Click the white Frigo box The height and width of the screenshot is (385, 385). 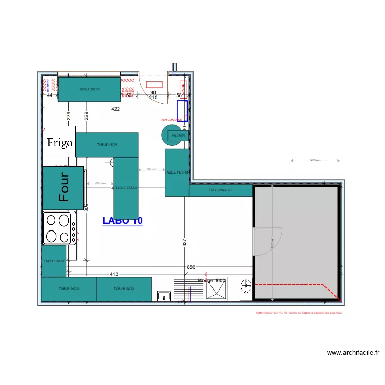click(x=60, y=141)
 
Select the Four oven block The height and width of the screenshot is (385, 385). click(x=63, y=188)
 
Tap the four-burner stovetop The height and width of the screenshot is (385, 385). click(x=59, y=228)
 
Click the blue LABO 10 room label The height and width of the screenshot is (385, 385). click(x=122, y=221)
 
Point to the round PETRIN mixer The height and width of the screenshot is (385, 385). click(x=173, y=135)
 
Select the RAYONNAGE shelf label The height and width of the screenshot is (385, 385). click(x=220, y=190)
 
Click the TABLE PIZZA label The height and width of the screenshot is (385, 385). click(x=126, y=188)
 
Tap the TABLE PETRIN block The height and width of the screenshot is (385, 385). click(x=177, y=172)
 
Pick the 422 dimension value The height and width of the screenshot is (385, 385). click(x=115, y=109)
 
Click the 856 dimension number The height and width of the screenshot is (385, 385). click(x=191, y=267)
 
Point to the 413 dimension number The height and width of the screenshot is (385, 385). click(x=114, y=274)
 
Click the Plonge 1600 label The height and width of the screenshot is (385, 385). click(x=211, y=281)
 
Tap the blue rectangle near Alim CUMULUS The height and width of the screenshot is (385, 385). click(x=182, y=111)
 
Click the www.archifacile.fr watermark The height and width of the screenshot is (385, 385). click(x=353, y=353)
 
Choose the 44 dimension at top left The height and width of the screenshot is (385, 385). click(x=50, y=95)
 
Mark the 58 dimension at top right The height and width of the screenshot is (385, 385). click(x=179, y=95)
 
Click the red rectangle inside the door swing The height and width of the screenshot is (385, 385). click(x=154, y=84)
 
